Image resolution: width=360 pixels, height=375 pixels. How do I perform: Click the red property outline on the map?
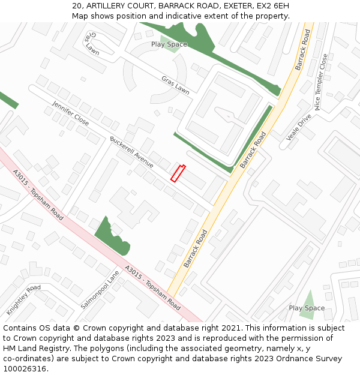178,173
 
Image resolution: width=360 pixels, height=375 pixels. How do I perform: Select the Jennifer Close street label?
70,113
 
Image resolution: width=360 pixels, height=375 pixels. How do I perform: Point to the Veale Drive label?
299,127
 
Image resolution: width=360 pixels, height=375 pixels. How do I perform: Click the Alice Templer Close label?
321,82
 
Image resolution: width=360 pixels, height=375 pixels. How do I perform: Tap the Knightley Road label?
23,300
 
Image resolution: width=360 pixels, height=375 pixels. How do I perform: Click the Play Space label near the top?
169,44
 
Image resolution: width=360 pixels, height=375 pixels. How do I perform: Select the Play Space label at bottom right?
307,308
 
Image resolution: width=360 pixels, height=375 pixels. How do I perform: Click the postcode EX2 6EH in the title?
275,6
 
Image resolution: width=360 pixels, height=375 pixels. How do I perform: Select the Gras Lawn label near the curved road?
175,85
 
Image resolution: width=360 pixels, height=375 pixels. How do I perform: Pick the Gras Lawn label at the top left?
92,43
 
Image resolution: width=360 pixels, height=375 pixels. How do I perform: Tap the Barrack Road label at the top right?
302,49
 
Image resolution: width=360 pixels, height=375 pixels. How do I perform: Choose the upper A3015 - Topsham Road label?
38,194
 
